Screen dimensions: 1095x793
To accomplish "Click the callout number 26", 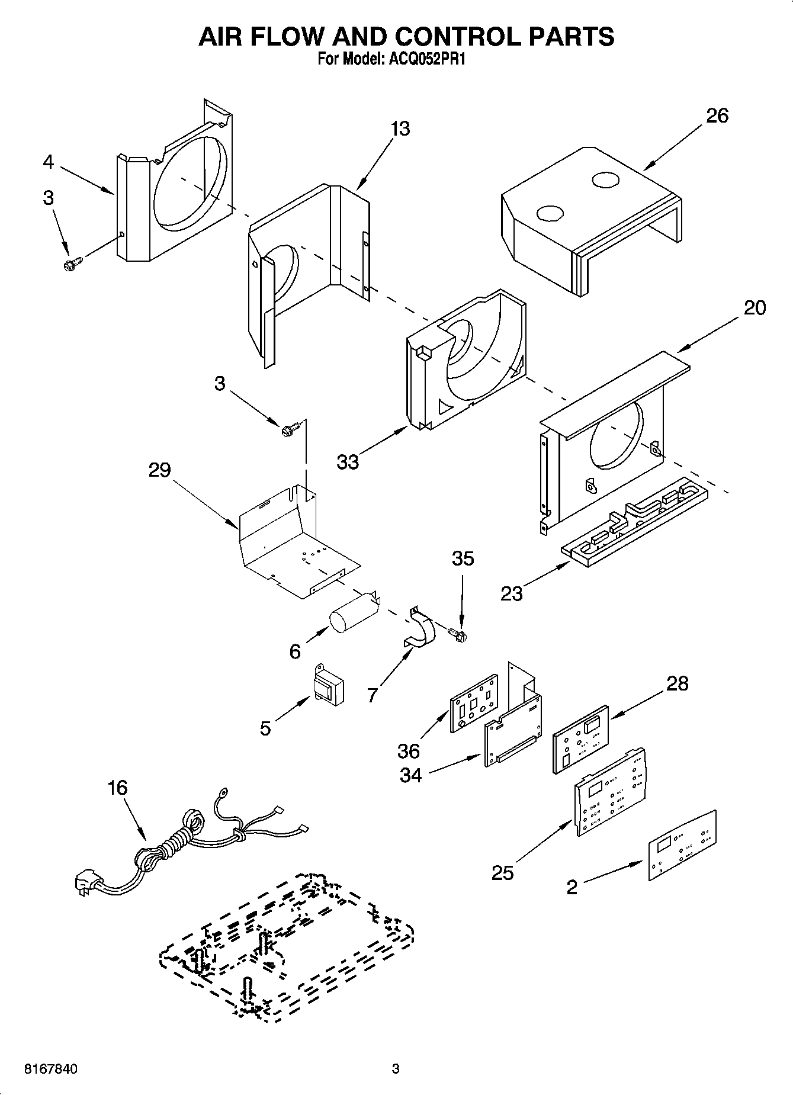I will pos(717,115).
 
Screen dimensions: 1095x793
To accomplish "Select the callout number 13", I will pos(400,129).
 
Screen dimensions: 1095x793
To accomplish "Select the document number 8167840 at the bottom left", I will pos(50,1070).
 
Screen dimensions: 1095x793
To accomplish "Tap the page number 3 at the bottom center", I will pos(396,1070).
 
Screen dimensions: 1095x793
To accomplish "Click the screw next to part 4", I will pos(72,264).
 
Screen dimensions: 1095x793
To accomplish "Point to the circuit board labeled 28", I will pos(580,738).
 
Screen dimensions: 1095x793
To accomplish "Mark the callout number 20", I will pos(754,308).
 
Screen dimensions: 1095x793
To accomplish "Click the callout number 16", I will pos(118,788).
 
